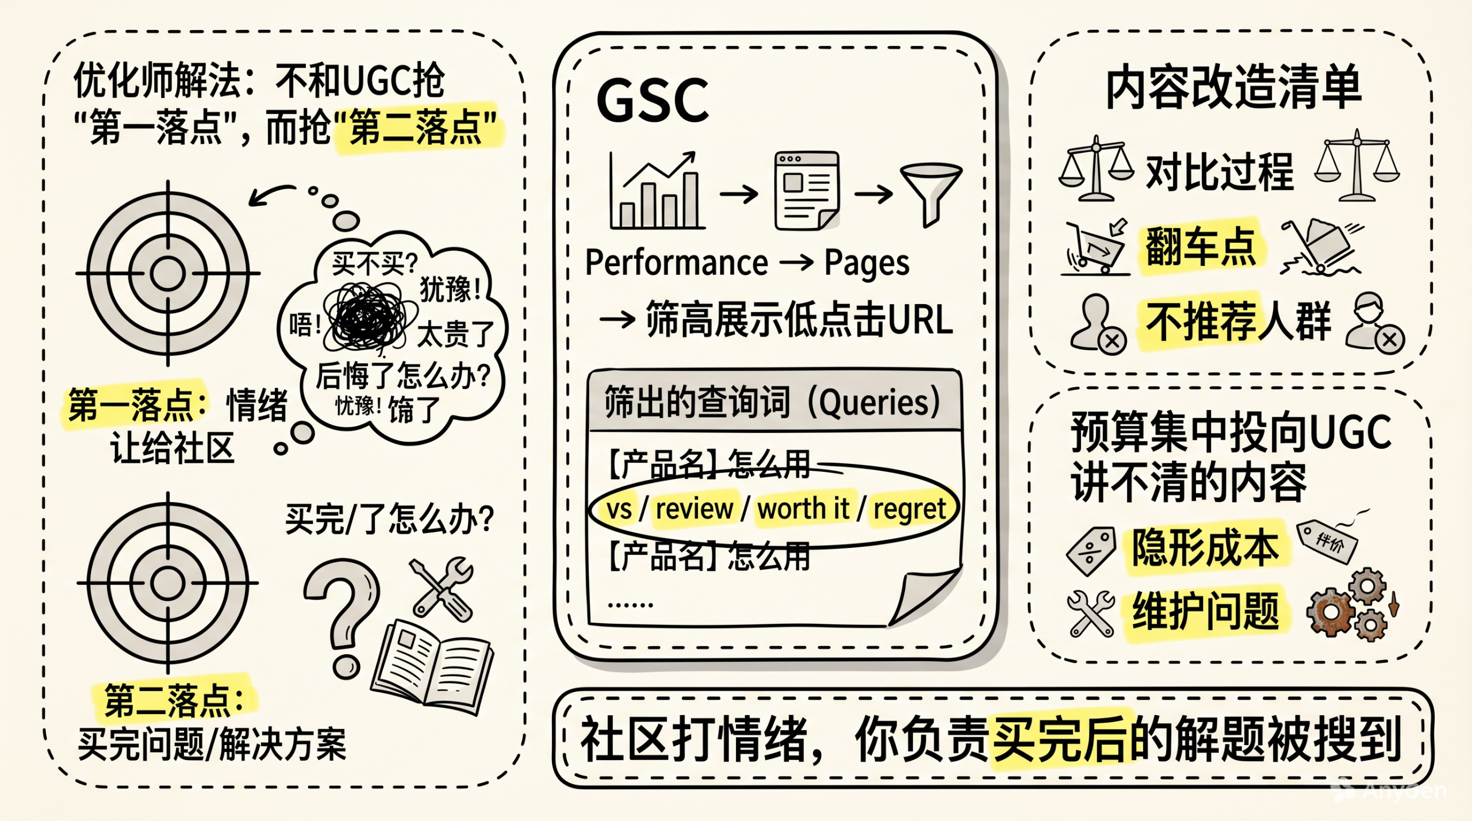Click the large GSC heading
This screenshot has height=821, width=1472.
click(x=653, y=101)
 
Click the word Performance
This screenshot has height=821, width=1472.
click(x=676, y=263)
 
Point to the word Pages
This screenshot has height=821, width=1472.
click(x=867, y=263)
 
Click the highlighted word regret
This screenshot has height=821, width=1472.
click(x=910, y=509)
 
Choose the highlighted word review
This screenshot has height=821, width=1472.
click(x=694, y=509)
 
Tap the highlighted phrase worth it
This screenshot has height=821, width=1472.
click(x=803, y=509)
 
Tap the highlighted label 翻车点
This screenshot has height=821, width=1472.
click(x=1201, y=247)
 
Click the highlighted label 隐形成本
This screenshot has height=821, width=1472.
click(x=1206, y=548)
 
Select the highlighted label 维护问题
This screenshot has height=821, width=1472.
click(x=1206, y=612)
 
